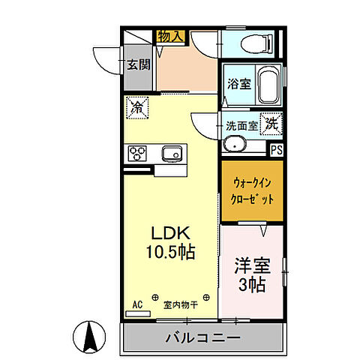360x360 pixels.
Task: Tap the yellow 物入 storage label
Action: [x=171, y=36]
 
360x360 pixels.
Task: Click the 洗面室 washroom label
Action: [x=241, y=125]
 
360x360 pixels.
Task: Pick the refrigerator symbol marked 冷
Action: [x=138, y=108]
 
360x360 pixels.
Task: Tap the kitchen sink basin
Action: [x=172, y=154]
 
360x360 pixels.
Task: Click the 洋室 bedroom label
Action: [x=252, y=266]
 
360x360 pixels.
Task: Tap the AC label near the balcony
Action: [x=138, y=304]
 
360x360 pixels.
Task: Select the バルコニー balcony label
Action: [x=202, y=338]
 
